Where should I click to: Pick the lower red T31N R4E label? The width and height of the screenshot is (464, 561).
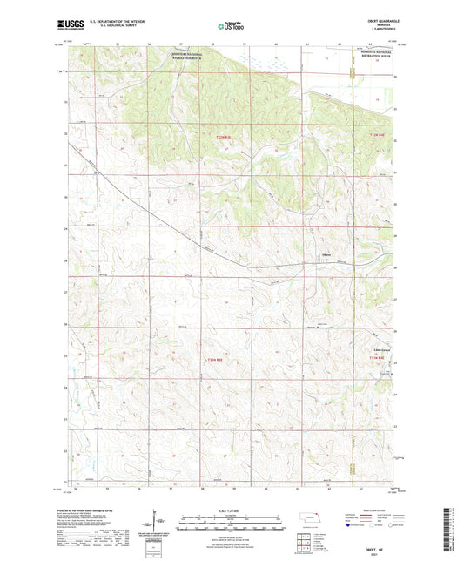(375, 357)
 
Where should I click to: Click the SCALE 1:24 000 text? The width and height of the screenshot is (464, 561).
(232, 510)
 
